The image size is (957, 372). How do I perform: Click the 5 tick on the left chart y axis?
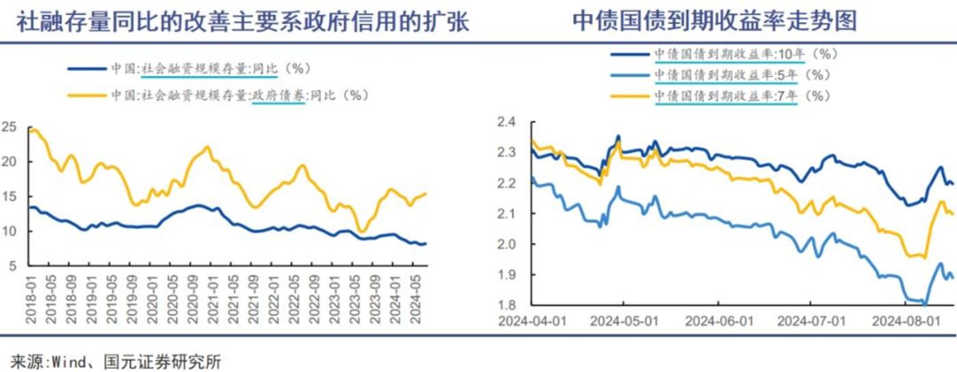click(x=12, y=266)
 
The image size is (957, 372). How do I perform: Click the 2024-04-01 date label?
click(x=533, y=320)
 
